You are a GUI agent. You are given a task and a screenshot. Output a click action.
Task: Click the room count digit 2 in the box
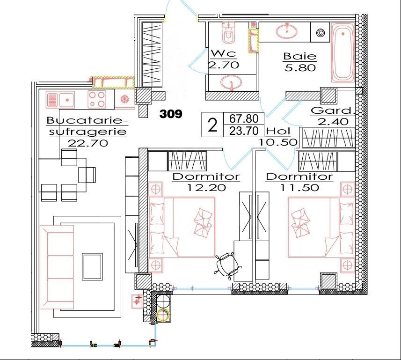[212, 125]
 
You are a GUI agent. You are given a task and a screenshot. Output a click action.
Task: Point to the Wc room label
[222, 53]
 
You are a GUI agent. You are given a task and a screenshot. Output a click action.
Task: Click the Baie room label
[300, 57]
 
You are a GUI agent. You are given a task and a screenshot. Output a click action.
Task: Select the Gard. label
[331, 111]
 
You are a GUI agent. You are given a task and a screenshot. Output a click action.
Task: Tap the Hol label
[278, 132]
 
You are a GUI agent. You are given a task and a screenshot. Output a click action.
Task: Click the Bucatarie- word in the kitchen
[87, 121]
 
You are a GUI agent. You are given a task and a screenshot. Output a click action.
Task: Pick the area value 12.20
[206, 188]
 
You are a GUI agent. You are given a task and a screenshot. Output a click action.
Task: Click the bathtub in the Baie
[343, 54]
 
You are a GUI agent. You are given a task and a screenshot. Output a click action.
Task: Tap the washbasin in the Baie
[286, 31]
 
